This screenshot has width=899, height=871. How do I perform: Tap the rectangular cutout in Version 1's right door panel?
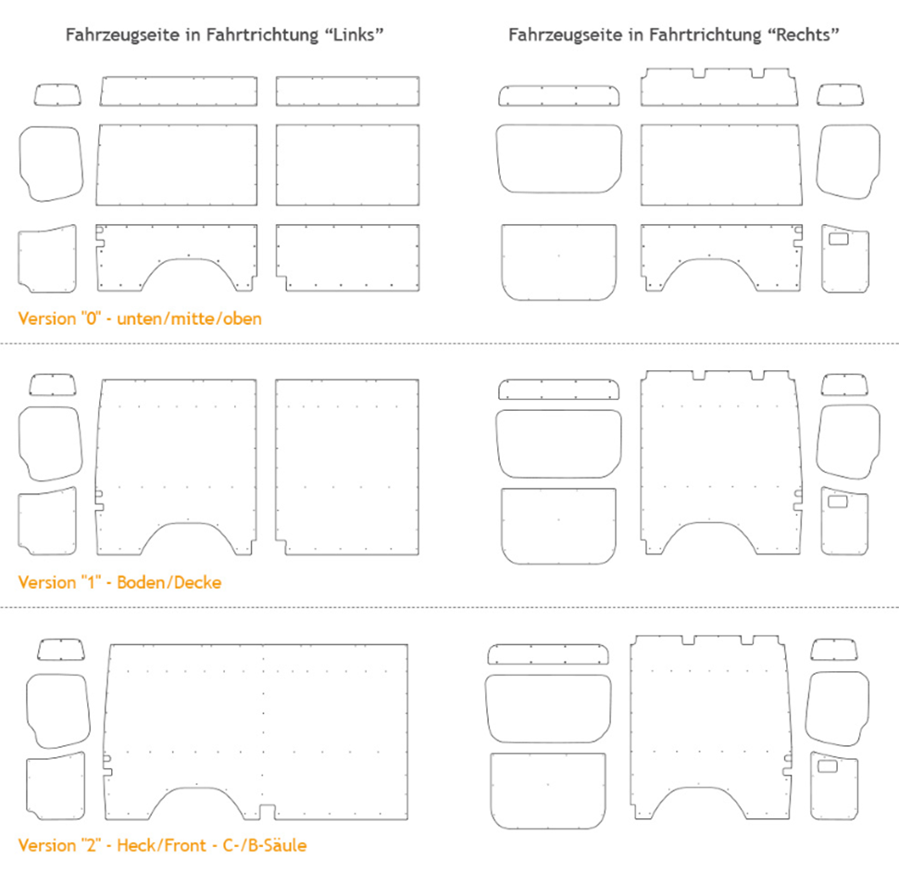[841, 502]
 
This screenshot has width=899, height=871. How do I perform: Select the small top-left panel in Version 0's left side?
[57, 93]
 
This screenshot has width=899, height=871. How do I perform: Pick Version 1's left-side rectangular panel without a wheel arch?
[347, 467]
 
